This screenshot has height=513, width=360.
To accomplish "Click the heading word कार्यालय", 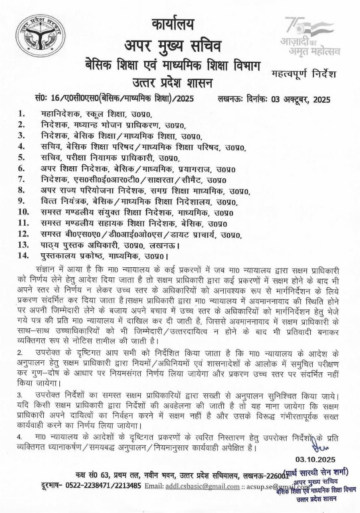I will click(x=173, y=24).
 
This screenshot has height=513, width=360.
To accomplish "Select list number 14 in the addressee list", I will click(x=23, y=255).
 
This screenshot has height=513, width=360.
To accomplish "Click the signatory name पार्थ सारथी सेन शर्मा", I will click(x=316, y=473).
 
